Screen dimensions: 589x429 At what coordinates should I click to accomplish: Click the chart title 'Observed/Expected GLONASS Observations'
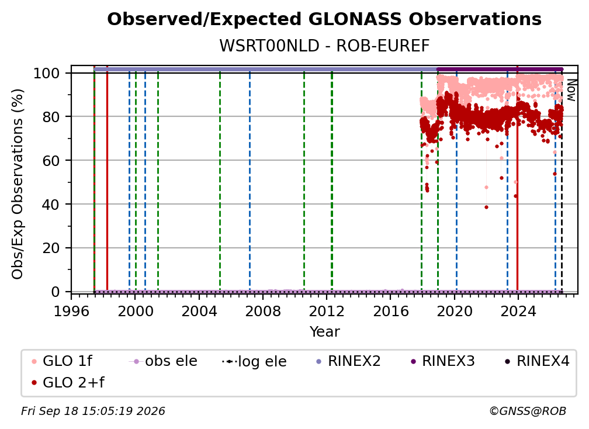[x=324, y=19]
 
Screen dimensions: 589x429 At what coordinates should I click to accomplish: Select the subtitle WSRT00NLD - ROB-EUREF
[x=324, y=46]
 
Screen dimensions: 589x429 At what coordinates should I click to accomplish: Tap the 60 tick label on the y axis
[x=51, y=160]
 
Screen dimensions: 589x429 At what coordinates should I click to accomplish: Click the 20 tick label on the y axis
[x=51, y=248]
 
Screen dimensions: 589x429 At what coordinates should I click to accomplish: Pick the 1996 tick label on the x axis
[x=71, y=312]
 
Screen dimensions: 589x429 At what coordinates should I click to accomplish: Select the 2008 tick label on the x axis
[x=263, y=312]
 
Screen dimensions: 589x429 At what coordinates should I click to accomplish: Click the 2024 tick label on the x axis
[x=518, y=312]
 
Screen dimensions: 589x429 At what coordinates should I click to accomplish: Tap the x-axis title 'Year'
[x=324, y=332]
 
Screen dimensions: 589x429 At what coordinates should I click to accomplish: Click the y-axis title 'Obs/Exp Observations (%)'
[x=18, y=184]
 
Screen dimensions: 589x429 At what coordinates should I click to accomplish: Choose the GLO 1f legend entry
[x=62, y=361]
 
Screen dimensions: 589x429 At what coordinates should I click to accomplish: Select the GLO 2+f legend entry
[x=68, y=382]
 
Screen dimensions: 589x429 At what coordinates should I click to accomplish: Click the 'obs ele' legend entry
[x=163, y=361]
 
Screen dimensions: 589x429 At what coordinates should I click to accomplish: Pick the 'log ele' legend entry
[x=254, y=361]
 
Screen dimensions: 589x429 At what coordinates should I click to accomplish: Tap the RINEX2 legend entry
[x=349, y=361]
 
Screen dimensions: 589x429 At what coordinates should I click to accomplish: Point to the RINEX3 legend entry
[x=443, y=361]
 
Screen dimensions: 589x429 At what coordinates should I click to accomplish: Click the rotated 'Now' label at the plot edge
[x=571, y=90]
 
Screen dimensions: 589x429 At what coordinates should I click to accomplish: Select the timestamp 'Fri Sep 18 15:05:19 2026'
[x=93, y=411]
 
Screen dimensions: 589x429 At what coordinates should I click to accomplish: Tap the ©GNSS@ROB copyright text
[x=528, y=411]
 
